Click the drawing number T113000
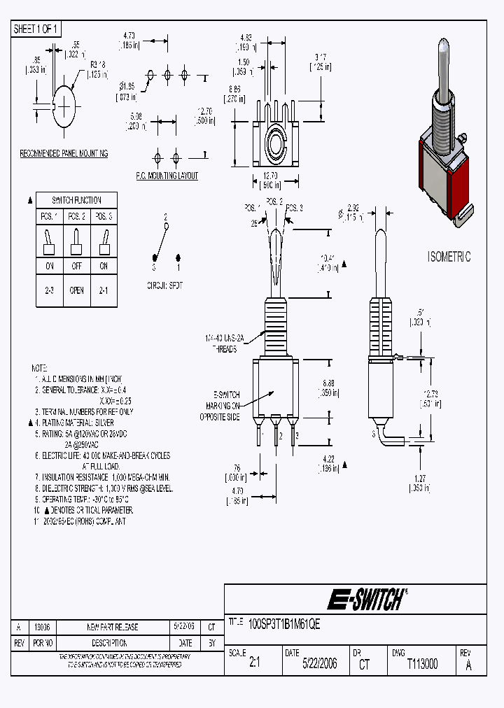click(422, 664)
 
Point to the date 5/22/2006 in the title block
click(319, 664)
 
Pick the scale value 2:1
click(254, 664)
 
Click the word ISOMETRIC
click(449, 257)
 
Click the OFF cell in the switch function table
click(76, 266)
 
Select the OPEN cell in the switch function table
click(76, 290)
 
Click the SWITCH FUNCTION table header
click(76, 200)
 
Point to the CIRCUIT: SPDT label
click(164, 286)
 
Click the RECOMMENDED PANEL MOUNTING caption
click(64, 153)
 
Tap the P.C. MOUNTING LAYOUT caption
click(167, 176)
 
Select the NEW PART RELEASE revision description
click(112, 628)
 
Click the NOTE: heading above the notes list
click(40, 367)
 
